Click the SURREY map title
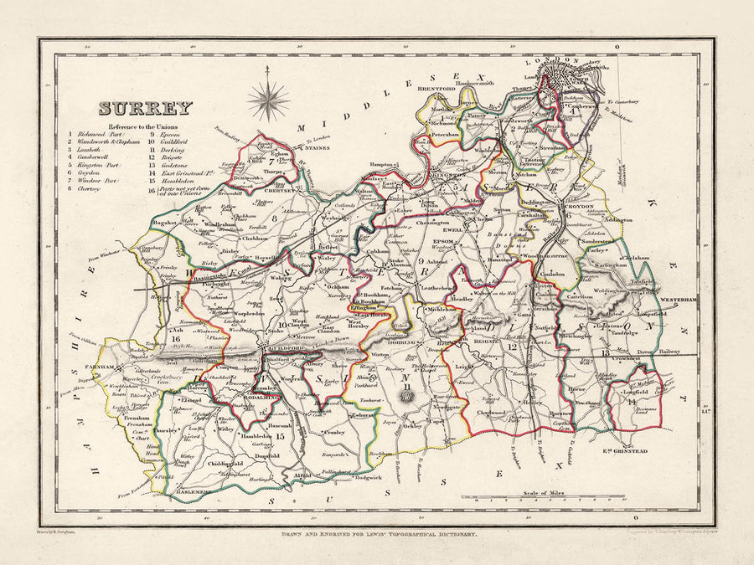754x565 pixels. (145, 108)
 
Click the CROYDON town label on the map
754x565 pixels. (578, 205)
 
